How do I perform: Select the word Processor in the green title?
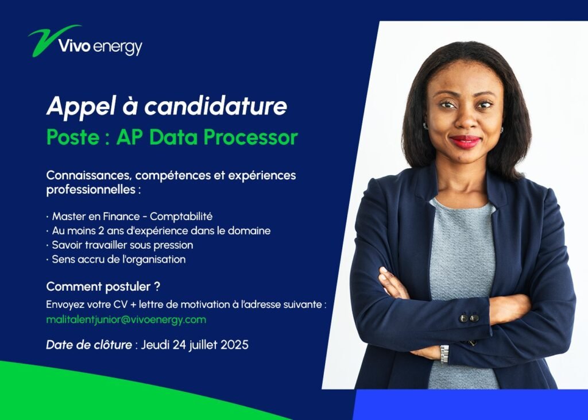[x=251, y=138]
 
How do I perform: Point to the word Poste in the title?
[x=73, y=137]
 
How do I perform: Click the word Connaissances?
[x=89, y=175]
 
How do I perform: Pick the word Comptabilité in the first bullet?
[x=181, y=217]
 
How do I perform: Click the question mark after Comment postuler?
[x=157, y=286]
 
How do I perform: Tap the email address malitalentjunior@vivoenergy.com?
[x=126, y=320]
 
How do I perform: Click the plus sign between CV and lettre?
[x=133, y=305]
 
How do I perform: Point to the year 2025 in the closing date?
[x=234, y=345]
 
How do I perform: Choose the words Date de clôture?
[x=89, y=345]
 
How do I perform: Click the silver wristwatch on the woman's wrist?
[x=444, y=353]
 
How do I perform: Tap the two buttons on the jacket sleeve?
[x=469, y=318]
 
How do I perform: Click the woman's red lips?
[x=465, y=142]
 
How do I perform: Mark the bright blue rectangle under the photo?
[x=470, y=404]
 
